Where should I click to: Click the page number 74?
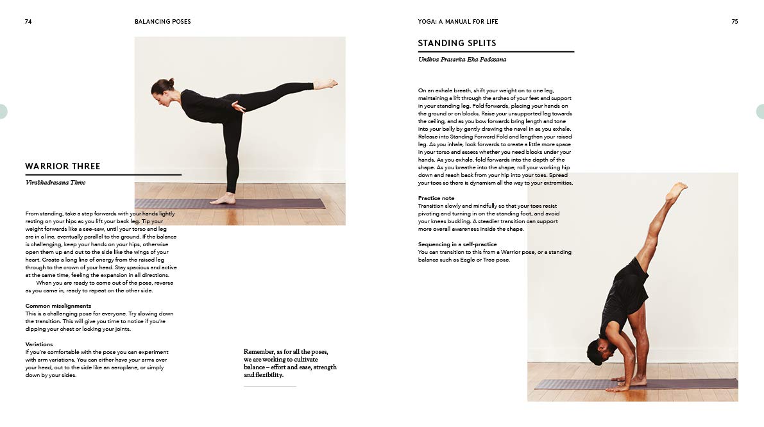point(28,21)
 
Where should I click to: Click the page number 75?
point(734,21)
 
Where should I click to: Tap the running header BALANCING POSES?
point(162,21)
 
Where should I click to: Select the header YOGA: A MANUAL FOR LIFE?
point(457,21)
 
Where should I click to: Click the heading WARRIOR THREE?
point(63,166)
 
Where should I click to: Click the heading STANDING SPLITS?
point(457,43)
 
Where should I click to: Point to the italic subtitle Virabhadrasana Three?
point(55,182)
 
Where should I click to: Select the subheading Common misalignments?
point(58,306)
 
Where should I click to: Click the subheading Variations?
point(39,344)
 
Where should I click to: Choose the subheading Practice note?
point(436,198)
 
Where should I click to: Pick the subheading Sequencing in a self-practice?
point(457,244)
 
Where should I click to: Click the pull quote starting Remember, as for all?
point(290,363)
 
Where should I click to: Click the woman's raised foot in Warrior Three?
point(327,83)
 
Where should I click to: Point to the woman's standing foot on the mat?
point(223,199)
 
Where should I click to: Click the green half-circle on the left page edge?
point(3,111)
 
